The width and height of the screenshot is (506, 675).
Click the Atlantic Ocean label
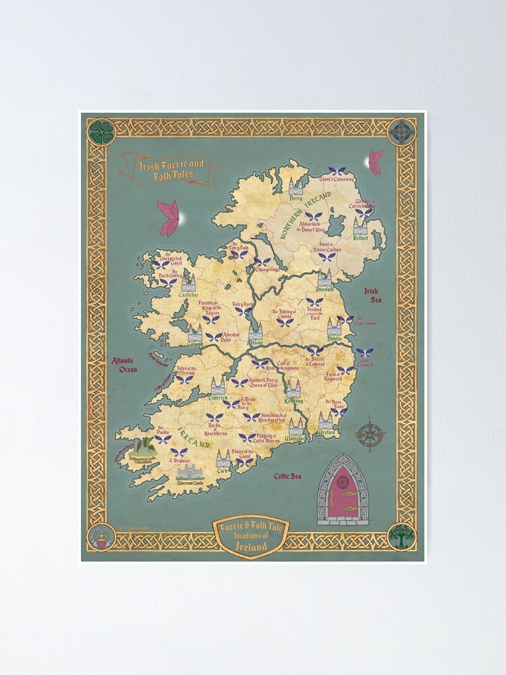(125, 365)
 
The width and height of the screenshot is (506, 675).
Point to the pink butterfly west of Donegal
(168, 218)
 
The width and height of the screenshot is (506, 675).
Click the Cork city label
(223, 472)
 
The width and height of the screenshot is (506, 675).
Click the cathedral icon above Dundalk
(325, 277)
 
